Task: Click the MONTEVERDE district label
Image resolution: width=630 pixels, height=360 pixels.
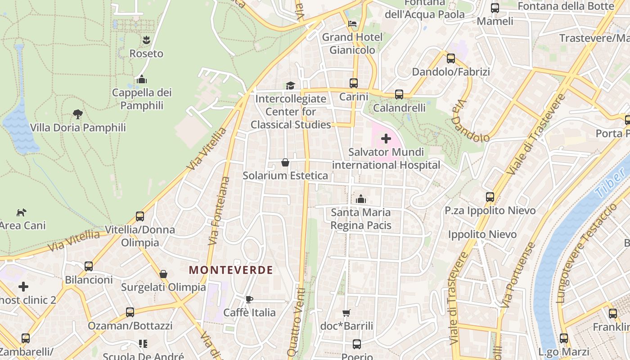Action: [x=230, y=270]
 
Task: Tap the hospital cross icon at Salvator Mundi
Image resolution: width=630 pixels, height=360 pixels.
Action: [x=386, y=139]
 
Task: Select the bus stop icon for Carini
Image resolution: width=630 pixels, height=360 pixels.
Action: [x=354, y=83]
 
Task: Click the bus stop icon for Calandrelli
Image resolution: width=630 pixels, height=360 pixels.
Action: [x=399, y=94]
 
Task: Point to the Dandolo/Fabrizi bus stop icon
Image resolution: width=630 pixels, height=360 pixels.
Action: [x=451, y=58]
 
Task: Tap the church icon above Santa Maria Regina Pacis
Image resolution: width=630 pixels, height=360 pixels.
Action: [x=360, y=199]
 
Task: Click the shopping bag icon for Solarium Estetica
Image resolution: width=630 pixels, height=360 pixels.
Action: [x=285, y=162]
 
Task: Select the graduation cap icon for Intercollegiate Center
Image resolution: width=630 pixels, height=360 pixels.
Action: [x=290, y=85]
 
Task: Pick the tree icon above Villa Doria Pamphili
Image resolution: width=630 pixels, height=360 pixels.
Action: [x=78, y=114]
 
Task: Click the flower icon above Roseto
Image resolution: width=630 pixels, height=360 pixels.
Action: [x=146, y=40]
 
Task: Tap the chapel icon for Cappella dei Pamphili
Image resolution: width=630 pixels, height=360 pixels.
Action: [x=142, y=80]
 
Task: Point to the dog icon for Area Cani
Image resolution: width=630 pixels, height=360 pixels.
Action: [x=21, y=212]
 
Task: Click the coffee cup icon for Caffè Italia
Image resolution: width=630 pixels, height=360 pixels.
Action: [x=249, y=299]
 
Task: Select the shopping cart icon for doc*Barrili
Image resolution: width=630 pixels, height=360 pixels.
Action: [x=346, y=313]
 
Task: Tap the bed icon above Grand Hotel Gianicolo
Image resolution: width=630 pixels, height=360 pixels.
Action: [x=352, y=24]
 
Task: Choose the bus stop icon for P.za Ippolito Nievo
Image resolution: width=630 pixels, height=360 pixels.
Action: [x=490, y=197]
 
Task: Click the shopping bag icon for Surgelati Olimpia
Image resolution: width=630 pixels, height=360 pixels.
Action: [x=163, y=274]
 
